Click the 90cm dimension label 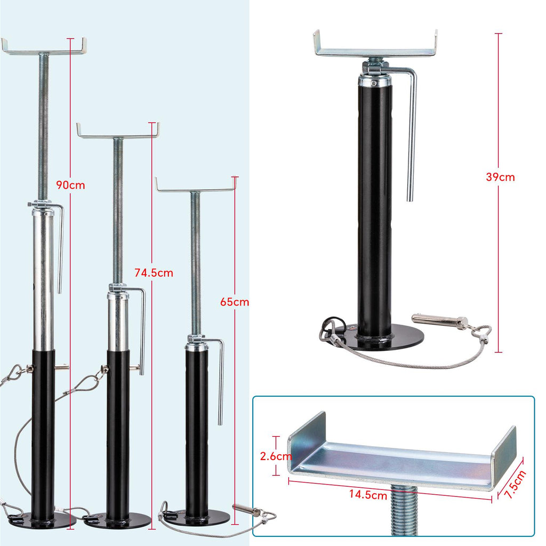tap(71, 185)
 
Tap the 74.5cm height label tap(154, 272)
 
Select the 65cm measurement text tap(235, 302)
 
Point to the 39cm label tap(500, 177)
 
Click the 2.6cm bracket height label tap(276, 456)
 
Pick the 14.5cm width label tap(368, 494)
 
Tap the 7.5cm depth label tap(515, 484)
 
